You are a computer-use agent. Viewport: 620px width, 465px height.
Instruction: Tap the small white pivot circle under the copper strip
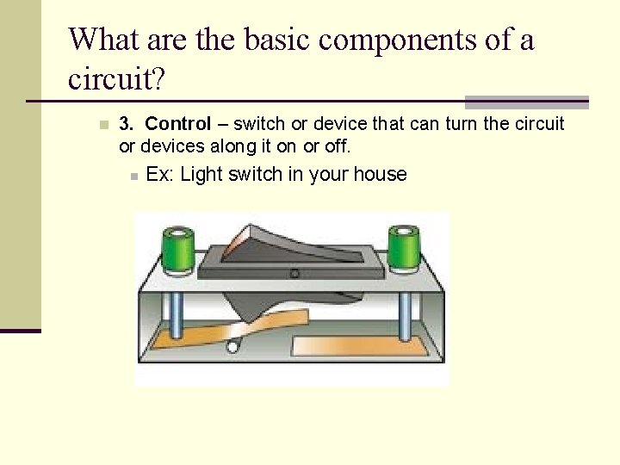[232, 347]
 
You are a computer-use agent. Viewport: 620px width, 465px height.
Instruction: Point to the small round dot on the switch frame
[294, 274]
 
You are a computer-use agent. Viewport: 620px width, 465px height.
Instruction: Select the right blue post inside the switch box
[403, 314]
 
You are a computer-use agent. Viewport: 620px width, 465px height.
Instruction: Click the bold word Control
[178, 123]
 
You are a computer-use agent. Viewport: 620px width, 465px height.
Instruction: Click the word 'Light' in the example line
[201, 174]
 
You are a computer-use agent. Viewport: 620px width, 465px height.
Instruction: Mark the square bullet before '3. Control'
[103, 124]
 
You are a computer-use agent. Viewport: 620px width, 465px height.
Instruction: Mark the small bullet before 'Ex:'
[133, 176]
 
